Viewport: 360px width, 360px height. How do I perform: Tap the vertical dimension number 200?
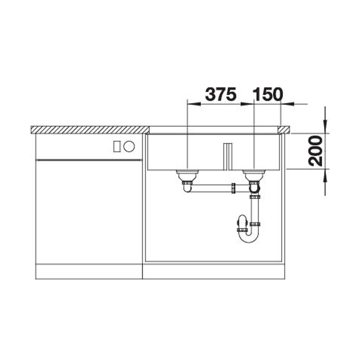(315, 151)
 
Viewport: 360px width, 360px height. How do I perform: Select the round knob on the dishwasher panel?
(129, 147)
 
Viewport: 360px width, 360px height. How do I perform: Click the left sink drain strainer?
(187, 175)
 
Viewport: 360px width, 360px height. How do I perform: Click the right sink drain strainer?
(254, 175)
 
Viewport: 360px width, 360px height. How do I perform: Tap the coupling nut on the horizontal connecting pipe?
(233, 188)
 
